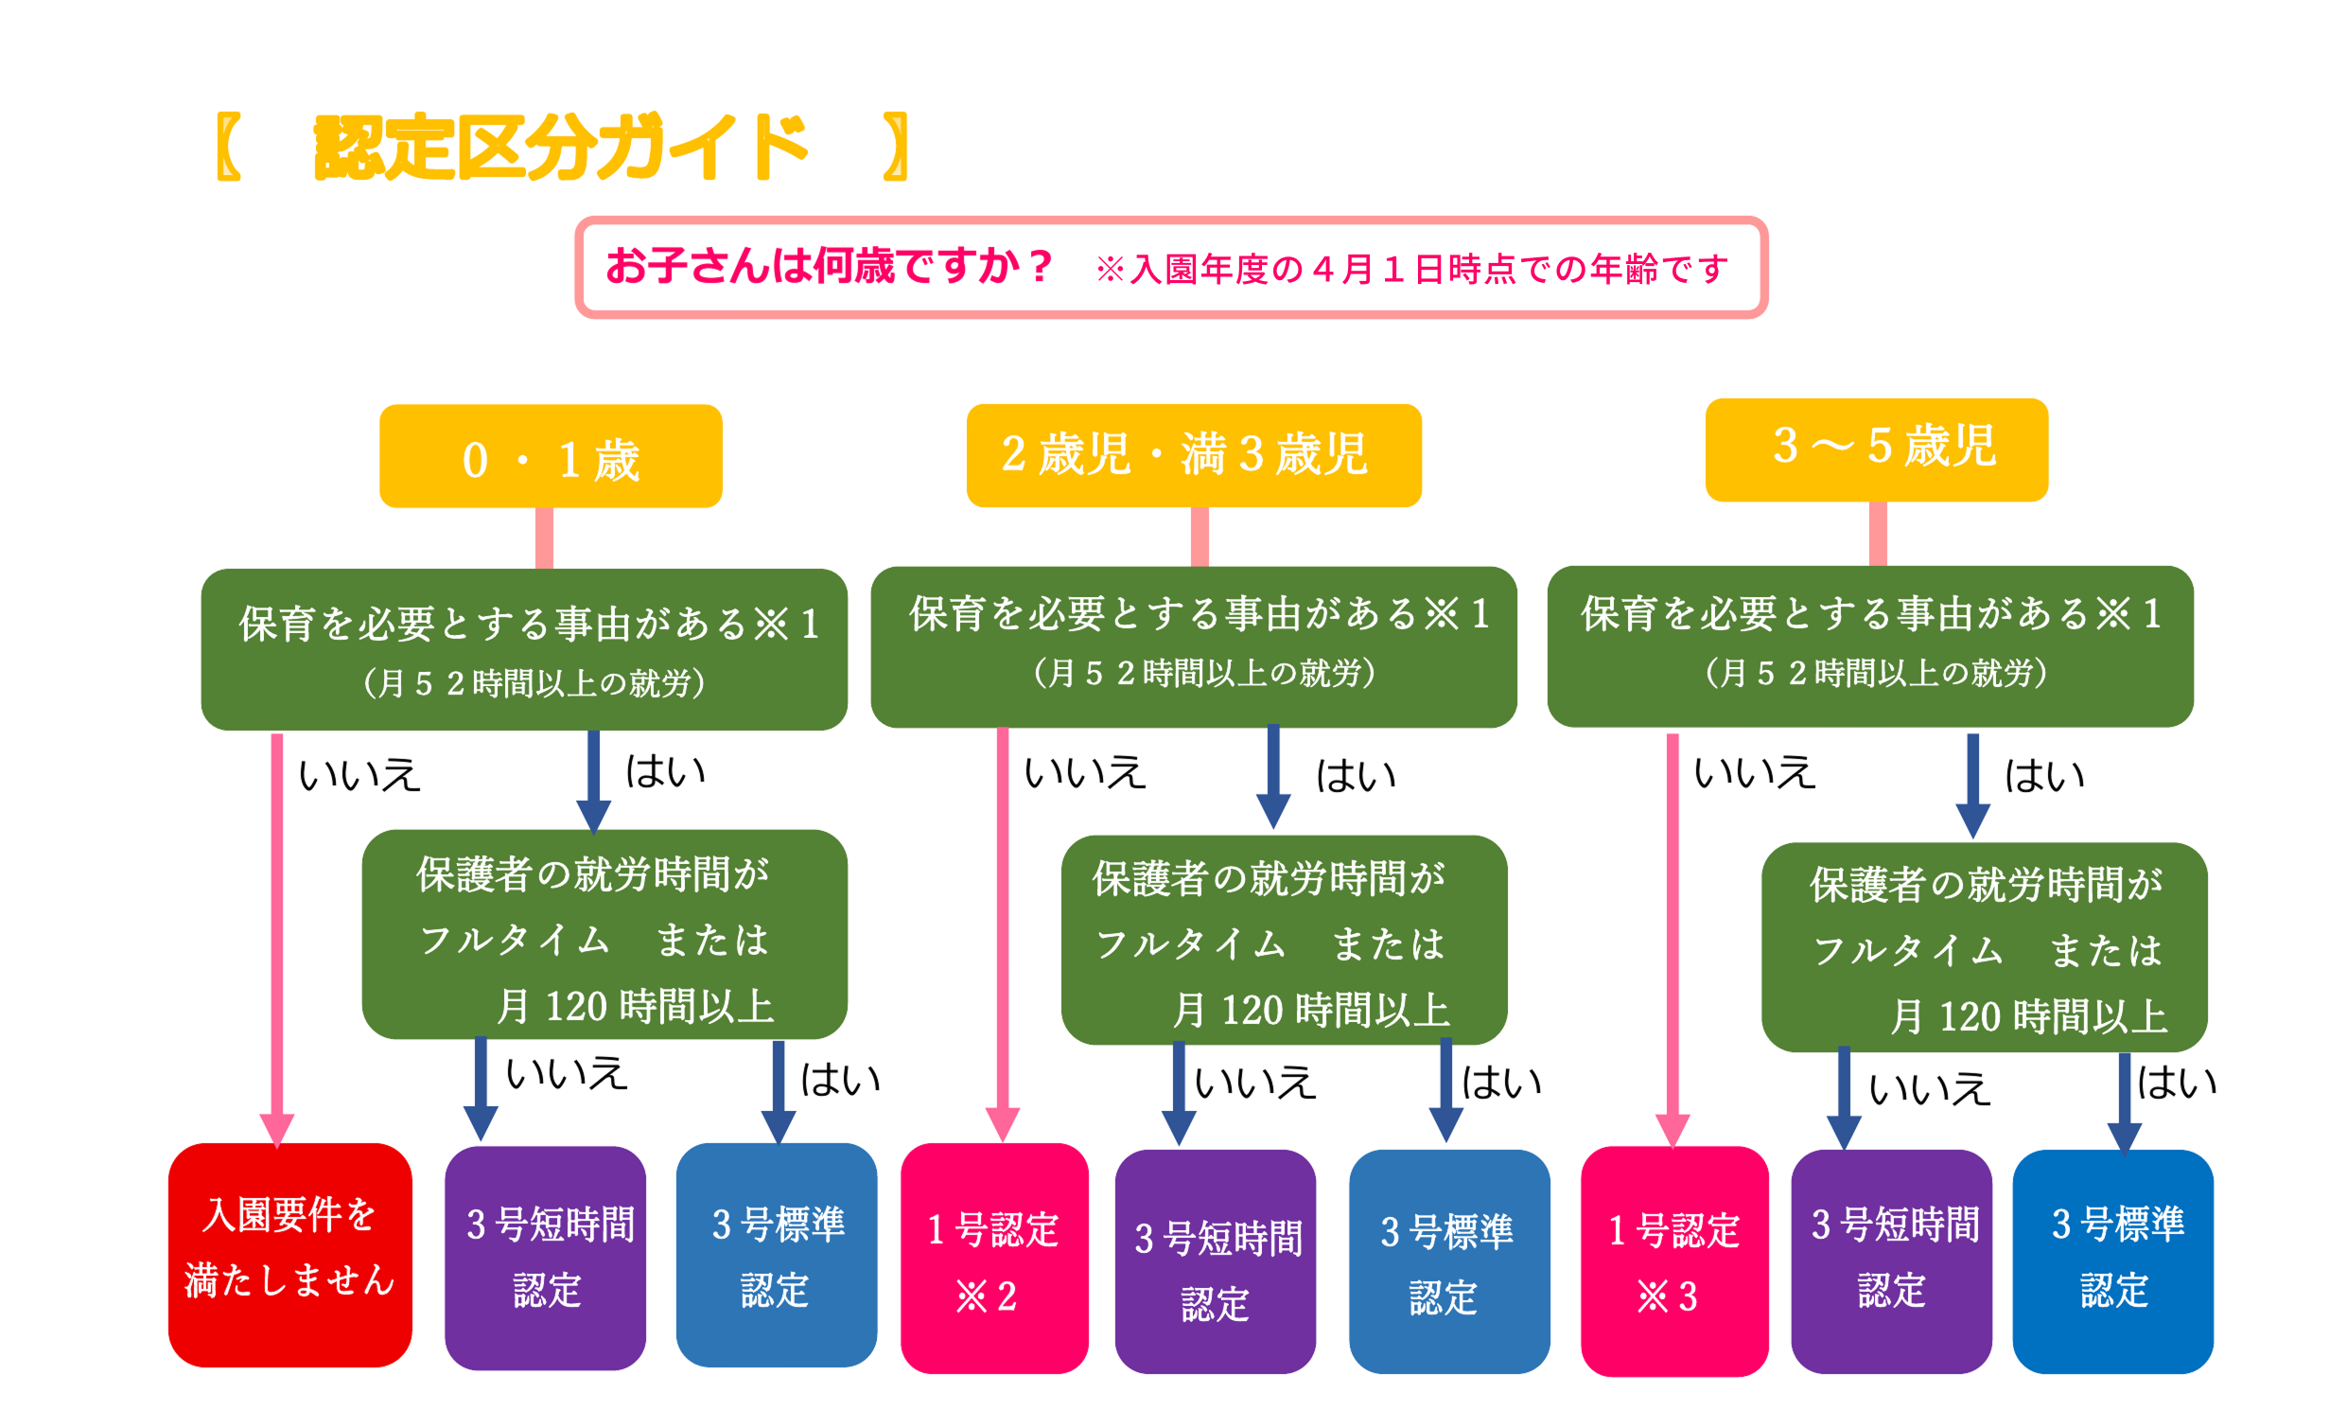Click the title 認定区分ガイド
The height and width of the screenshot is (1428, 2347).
click(x=562, y=147)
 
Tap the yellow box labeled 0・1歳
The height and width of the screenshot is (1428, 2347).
click(x=551, y=456)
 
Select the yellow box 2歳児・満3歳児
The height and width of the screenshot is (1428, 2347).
click(x=1194, y=455)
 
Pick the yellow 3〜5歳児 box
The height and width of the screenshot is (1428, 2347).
click(x=1877, y=450)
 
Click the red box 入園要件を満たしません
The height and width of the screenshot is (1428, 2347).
click(x=290, y=1255)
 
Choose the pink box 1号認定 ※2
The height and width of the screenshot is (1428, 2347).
click(x=994, y=1258)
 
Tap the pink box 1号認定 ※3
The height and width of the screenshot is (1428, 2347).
click(x=1674, y=1261)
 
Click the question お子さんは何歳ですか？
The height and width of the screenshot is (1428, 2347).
click(x=830, y=266)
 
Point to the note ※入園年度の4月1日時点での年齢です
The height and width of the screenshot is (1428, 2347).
click(x=1411, y=270)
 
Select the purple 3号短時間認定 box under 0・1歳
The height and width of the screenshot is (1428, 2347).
click(x=546, y=1258)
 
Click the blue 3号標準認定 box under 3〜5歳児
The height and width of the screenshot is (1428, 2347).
click(x=2112, y=1261)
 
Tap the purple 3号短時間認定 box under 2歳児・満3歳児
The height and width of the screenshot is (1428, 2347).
click(x=1216, y=1261)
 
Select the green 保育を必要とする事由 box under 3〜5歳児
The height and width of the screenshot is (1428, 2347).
click(x=1871, y=647)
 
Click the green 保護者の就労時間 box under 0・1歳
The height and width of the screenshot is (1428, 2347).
click(x=604, y=934)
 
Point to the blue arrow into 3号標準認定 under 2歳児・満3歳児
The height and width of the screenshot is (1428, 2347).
click(x=1445, y=1091)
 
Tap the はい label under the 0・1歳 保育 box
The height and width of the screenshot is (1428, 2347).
click(x=665, y=770)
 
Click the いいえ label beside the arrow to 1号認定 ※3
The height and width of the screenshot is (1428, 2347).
click(x=1755, y=771)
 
